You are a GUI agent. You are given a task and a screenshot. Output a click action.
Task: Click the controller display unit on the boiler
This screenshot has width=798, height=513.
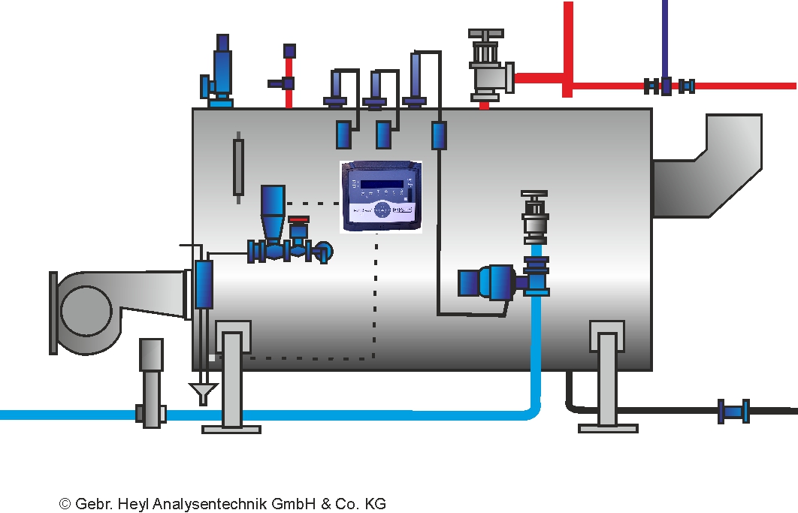(x=380, y=197)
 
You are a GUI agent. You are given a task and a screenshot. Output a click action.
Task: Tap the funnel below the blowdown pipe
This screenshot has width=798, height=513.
(x=203, y=392)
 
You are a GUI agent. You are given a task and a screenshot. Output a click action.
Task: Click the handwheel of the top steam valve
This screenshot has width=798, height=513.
(x=486, y=35)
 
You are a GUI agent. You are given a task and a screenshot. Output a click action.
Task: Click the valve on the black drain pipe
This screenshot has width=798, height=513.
(x=733, y=411)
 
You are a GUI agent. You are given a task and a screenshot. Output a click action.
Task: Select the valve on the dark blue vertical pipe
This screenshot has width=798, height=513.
(x=666, y=86)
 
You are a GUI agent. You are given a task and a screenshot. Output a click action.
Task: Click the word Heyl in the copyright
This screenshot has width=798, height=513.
(x=132, y=504)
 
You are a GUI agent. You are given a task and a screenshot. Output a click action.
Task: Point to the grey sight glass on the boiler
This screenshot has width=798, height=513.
(x=238, y=167)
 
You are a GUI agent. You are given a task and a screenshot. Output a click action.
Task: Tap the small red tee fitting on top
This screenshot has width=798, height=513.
(x=288, y=82)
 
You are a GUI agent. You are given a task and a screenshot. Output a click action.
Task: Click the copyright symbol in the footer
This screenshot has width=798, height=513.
(x=65, y=504)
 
